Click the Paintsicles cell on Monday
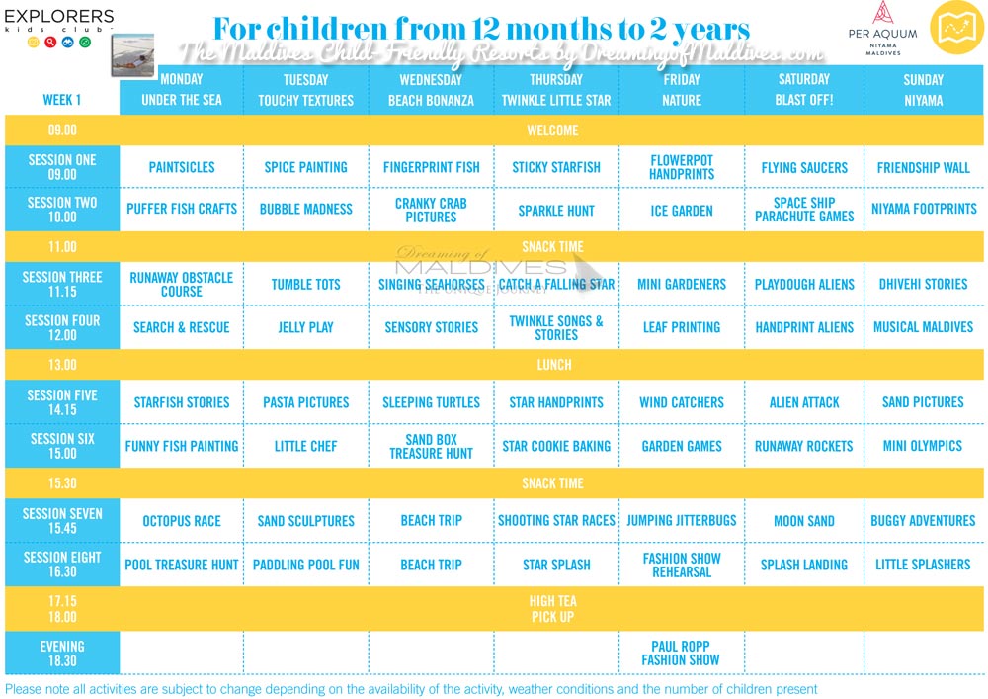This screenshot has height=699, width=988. point(182,167)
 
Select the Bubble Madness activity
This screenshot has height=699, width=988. point(305,209)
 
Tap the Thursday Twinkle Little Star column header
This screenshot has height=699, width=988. point(556,90)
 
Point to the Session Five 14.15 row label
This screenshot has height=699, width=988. point(62,402)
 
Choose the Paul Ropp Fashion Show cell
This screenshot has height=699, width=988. point(681,653)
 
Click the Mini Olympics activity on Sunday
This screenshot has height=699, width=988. point(922,446)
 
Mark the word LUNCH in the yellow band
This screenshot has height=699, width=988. point(553,365)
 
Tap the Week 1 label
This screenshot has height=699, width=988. point(62,100)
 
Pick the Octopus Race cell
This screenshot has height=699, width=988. point(182,521)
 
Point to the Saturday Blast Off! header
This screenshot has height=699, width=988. point(804,90)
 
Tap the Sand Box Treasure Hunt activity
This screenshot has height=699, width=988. point(431,446)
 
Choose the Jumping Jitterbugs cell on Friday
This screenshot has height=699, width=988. point(681,521)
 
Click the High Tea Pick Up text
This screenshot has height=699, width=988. point(552,609)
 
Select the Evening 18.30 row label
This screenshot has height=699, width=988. point(62,653)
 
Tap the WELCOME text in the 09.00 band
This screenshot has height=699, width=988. point(553,131)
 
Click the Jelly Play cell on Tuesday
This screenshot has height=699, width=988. point(305,327)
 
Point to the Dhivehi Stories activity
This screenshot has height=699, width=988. point(923,284)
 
